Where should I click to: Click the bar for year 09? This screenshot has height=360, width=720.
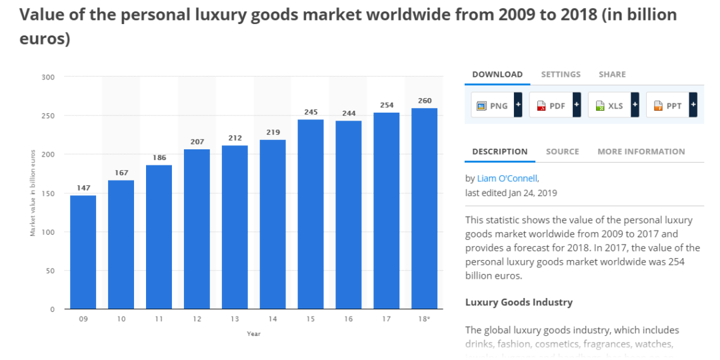coord(83,252)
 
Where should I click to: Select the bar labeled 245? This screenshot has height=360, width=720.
coord(311,214)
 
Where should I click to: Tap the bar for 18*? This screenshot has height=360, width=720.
coord(425,209)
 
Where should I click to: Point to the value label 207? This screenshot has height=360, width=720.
coord(197,141)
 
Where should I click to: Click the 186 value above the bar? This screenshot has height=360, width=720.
coord(159,157)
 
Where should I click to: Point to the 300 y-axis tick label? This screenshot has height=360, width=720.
coord(49,77)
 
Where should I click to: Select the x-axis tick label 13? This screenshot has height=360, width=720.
coord(235,319)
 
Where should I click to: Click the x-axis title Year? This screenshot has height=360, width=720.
coord(253,333)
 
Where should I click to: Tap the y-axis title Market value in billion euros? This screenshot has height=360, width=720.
coord(33,193)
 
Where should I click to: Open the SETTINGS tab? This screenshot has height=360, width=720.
coord(561,75)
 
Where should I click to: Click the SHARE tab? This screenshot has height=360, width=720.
coord(612,75)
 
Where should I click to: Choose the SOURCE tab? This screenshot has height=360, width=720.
coord(562,151)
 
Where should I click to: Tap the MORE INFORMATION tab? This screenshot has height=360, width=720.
coord(641,151)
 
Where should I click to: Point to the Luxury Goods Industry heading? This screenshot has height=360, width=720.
coord(519,302)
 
